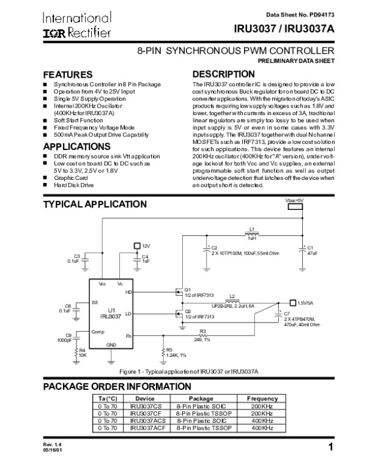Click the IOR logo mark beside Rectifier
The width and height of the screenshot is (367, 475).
click(54, 33)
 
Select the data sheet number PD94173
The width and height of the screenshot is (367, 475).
click(322, 15)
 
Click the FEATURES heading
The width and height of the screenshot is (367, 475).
click(68, 75)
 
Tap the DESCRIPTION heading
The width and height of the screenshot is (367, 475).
click(223, 74)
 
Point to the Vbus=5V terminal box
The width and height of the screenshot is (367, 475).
click(295, 207)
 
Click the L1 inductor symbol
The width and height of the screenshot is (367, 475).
click(251, 234)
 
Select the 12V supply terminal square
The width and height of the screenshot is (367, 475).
click(137, 245)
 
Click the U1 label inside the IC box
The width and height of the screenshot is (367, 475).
click(111, 310)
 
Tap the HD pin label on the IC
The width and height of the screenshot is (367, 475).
click(128, 293)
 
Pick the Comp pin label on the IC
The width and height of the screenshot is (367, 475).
click(98, 332)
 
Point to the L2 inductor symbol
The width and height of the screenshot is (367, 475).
click(232, 301)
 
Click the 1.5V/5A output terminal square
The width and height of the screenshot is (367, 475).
click(293, 302)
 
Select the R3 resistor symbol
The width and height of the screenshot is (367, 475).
click(202, 335)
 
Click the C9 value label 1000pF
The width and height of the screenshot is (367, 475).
click(64, 340)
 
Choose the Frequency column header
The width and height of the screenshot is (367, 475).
click(262, 398)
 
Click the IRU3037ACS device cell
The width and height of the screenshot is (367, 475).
click(148, 421)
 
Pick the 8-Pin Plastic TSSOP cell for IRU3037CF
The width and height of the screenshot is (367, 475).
click(204, 414)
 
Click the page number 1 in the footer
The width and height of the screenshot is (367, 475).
click(331, 447)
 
